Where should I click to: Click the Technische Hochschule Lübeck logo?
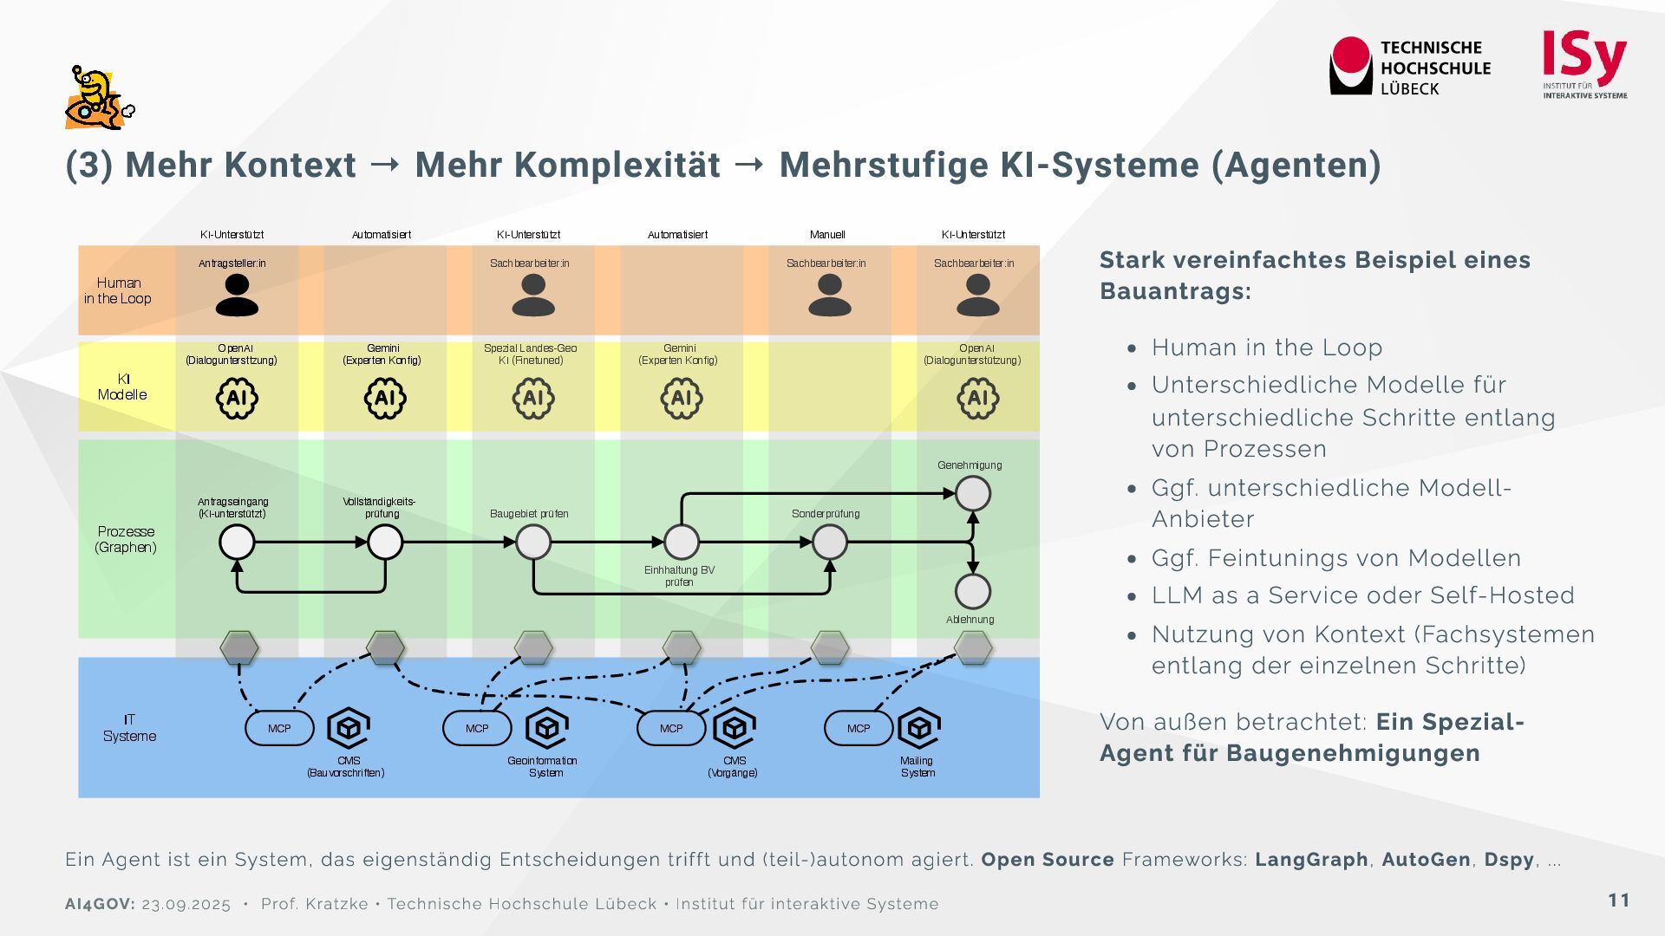1409,67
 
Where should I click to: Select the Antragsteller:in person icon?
237,296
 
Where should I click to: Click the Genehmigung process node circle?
973,494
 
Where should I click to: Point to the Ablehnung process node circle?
973,592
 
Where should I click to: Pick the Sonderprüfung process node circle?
829,543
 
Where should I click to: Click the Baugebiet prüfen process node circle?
533,543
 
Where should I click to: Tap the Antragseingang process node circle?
237,543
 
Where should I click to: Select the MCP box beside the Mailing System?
859,729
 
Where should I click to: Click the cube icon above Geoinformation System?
547,728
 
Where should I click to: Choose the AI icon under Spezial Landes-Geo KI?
533,399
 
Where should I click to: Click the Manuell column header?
827,235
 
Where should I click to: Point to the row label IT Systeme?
129,728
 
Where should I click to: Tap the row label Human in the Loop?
118,291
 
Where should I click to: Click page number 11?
1619,900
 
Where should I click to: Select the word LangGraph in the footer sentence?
1311,860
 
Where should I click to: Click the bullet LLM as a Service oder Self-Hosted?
1362,595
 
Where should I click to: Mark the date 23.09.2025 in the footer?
186,905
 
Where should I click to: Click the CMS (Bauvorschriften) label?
346,767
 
